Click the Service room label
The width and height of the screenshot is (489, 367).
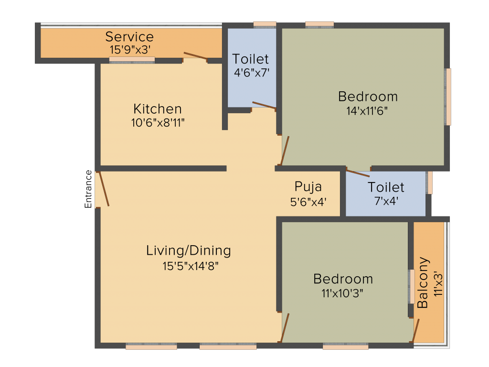129,37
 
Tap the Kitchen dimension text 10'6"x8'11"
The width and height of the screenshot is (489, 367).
158,123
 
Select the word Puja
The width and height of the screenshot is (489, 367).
308,187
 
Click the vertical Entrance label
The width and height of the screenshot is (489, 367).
88,189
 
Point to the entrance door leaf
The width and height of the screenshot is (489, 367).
104,189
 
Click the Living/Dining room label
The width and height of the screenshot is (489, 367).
189,251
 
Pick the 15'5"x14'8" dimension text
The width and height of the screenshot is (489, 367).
190,266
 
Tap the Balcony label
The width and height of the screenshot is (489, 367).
423,283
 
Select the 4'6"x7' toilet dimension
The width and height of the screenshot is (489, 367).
252,73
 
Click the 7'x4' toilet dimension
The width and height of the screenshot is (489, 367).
386,201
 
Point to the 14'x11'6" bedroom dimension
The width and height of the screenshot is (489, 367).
367,111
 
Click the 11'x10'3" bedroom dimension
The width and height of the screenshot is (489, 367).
342,293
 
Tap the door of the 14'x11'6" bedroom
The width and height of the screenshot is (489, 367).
285,151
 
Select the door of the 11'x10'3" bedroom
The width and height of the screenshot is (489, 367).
285,328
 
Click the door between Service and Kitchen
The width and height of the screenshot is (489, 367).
195,55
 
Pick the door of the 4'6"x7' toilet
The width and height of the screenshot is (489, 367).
264,105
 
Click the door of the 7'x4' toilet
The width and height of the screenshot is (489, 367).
358,173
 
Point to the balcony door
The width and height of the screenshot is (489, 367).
416,331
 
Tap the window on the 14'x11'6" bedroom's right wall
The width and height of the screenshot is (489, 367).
448,97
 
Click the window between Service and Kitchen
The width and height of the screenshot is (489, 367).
132,60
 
